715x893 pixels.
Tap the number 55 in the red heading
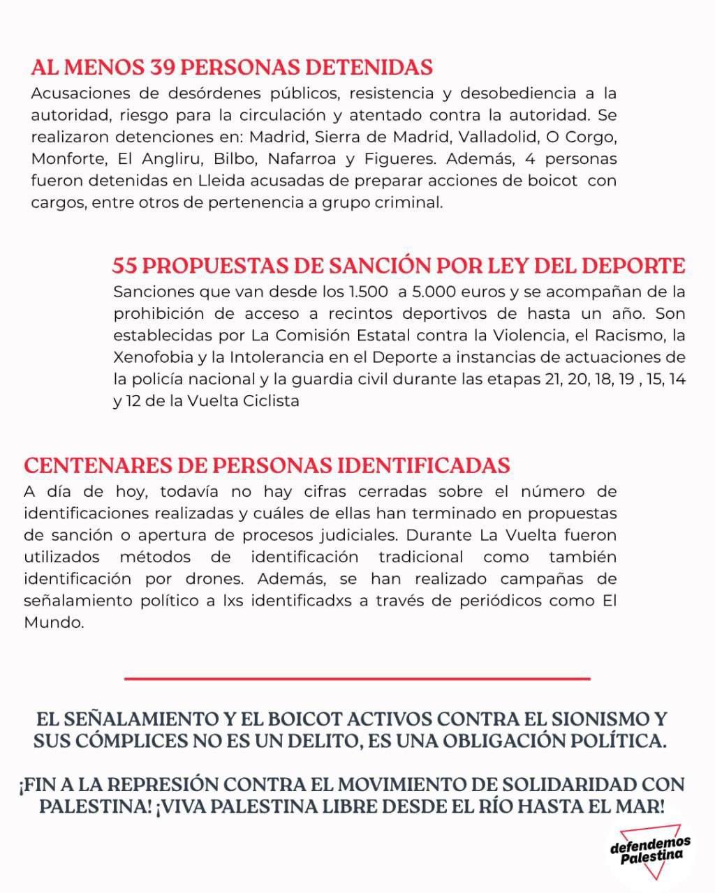pyautogui.click(x=127, y=267)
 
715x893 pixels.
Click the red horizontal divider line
pyautogui.click(x=357, y=677)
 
